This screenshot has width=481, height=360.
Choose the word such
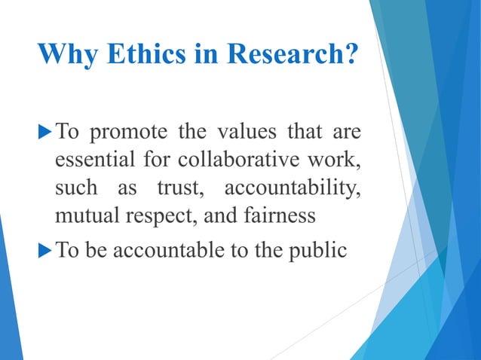[75, 189]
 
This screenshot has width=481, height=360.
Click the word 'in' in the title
[198, 55]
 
